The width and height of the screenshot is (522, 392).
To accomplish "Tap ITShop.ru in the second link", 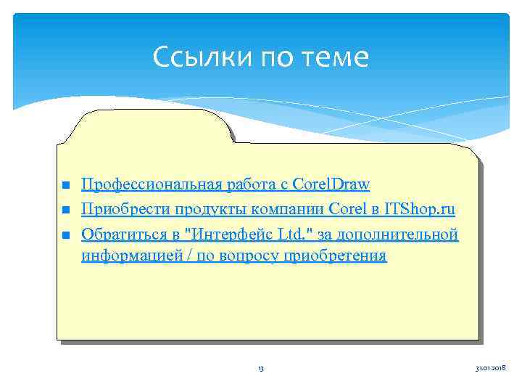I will [x=420, y=210].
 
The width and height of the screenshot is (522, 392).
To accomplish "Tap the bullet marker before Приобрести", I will [x=65, y=211].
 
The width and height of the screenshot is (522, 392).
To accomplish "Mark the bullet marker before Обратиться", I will [x=65, y=235].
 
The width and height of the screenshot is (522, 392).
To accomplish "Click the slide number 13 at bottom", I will [x=261, y=369].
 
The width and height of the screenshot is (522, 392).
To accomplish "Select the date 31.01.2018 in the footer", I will [x=490, y=369].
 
